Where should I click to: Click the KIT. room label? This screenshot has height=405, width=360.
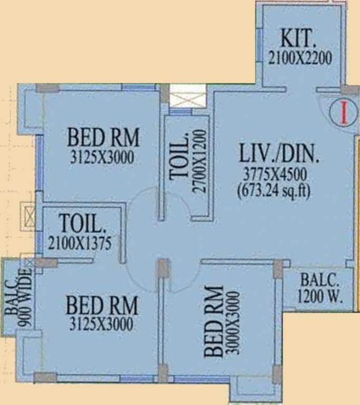point(298,39)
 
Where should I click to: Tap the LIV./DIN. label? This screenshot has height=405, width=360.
point(279,155)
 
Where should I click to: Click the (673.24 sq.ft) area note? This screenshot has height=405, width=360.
point(275,189)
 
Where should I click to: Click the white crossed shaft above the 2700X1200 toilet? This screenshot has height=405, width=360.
point(188,99)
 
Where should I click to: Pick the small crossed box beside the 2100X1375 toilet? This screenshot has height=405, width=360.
point(28,216)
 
